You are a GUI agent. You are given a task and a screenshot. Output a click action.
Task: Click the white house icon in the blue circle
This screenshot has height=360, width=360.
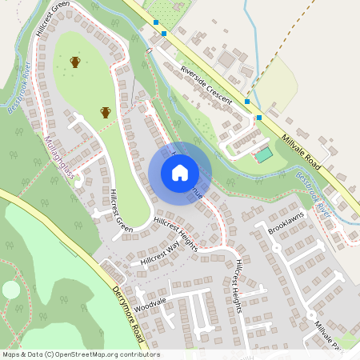(x=180, y=173)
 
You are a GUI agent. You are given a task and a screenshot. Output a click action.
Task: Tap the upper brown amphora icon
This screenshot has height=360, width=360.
(x=75, y=62)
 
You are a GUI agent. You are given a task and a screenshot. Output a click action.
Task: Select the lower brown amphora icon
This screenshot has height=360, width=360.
(x=105, y=112)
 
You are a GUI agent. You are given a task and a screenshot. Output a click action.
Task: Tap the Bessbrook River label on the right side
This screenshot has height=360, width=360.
(x=313, y=189)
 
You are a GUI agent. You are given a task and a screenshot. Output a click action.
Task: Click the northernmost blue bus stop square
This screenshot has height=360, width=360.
(x=155, y=24)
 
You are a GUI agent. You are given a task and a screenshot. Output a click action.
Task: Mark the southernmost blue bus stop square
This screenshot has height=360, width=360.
(x=258, y=118)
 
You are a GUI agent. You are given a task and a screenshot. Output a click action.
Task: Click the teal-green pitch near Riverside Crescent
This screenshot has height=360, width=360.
(x=263, y=154)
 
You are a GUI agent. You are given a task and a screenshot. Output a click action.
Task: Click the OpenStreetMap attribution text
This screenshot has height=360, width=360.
(x=80, y=354)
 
